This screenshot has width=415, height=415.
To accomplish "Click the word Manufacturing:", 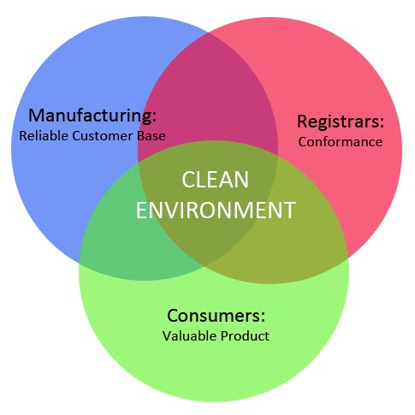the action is [92, 116].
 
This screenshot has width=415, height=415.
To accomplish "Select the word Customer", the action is [103, 136].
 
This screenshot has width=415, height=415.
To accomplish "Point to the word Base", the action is [151, 136].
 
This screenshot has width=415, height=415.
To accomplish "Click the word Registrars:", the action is [341, 122].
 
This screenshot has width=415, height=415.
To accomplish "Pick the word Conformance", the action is [341, 142].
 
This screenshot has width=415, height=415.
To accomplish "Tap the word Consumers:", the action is [216, 316].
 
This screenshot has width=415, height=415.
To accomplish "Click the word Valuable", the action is [189, 335].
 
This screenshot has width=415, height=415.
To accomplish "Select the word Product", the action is [245, 335].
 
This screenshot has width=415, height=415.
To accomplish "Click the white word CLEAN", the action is [215, 180].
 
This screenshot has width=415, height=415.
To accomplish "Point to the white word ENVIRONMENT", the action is [216, 210].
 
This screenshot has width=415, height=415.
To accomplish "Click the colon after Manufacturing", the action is [154, 117].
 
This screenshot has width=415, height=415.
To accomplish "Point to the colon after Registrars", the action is [382, 123].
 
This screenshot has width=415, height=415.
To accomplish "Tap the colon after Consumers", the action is [263, 317].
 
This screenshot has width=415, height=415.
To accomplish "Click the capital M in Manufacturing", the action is [36, 116].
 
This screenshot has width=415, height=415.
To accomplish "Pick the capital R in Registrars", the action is [302, 122].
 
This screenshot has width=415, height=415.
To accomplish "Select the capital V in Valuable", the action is [167, 335].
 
